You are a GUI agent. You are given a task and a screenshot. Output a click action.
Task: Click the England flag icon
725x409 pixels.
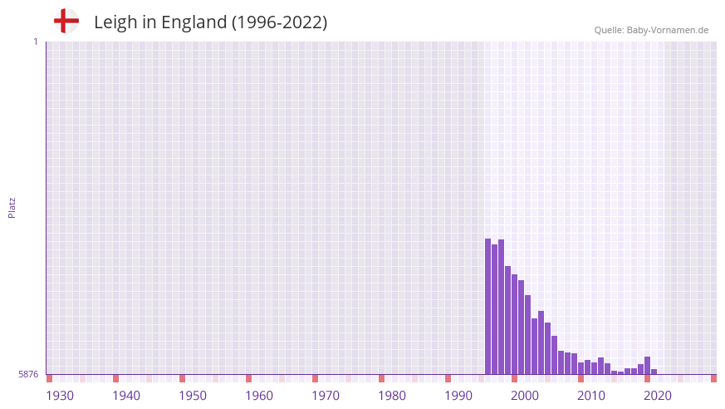(x=66, y=21)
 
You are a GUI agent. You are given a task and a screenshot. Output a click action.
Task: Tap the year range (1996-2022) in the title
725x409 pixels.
(x=279, y=22)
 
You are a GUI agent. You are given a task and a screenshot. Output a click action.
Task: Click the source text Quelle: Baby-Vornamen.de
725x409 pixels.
(x=651, y=30)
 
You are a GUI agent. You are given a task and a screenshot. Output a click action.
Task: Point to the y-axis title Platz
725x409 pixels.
(x=12, y=208)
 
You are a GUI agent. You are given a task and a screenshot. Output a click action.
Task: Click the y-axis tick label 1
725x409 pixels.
(x=35, y=42)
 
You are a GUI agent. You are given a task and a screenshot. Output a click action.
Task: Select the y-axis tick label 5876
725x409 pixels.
(x=28, y=375)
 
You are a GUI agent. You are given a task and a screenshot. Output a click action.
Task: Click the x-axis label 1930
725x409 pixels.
(x=60, y=396)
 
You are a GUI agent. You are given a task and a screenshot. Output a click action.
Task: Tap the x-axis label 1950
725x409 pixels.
(x=193, y=396)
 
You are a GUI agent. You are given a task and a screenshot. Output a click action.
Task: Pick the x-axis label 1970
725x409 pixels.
(x=326, y=396)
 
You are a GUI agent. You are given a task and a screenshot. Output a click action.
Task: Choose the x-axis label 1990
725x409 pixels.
(x=458, y=396)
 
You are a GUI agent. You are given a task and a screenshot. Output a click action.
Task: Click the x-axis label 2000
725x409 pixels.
(x=525, y=396)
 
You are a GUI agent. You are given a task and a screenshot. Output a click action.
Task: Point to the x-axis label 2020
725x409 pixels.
(x=658, y=396)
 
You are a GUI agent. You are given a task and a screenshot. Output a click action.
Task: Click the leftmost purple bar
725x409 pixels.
(x=488, y=307)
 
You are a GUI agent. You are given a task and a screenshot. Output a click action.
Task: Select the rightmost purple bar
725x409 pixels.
(x=654, y=372)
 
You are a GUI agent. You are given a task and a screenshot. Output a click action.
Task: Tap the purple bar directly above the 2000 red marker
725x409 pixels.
(x=515, y=324)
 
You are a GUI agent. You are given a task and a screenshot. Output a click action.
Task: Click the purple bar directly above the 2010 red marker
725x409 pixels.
(x=581, y=368)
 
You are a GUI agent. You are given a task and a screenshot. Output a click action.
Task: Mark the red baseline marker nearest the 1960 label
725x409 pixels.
(x=248, y=378)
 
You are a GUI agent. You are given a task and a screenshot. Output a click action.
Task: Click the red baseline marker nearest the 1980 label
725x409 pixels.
(x=381, y=378)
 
